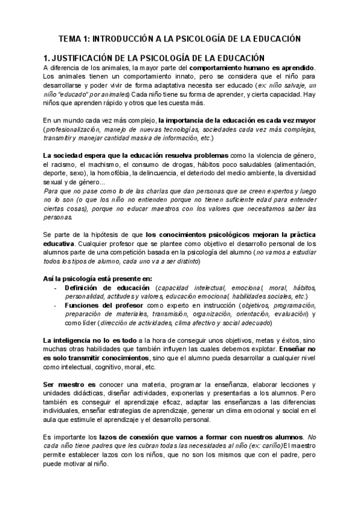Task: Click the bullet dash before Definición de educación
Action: [x=55, y=288]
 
